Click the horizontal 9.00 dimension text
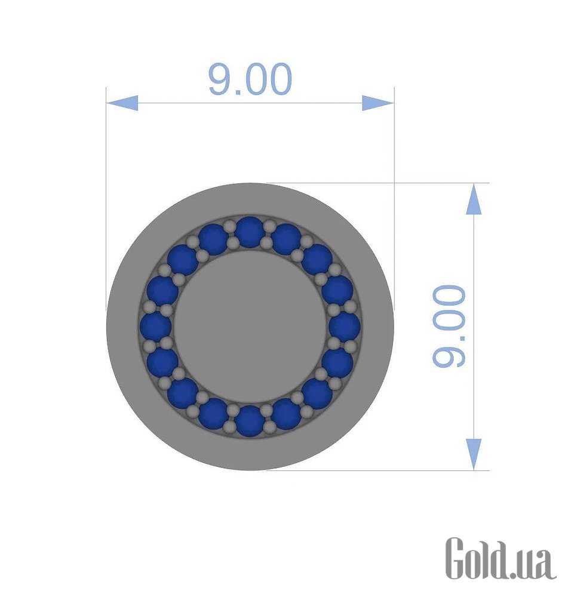point(250,79)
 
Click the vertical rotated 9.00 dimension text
point(449,326)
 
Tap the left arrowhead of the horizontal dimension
point(122,103)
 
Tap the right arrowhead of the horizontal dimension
point(377,103)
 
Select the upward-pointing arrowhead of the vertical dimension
point(474,199)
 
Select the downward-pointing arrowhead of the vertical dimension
point(474,454)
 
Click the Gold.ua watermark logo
point(501,558)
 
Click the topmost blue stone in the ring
point(250,232)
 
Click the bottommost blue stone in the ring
point(250,421)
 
